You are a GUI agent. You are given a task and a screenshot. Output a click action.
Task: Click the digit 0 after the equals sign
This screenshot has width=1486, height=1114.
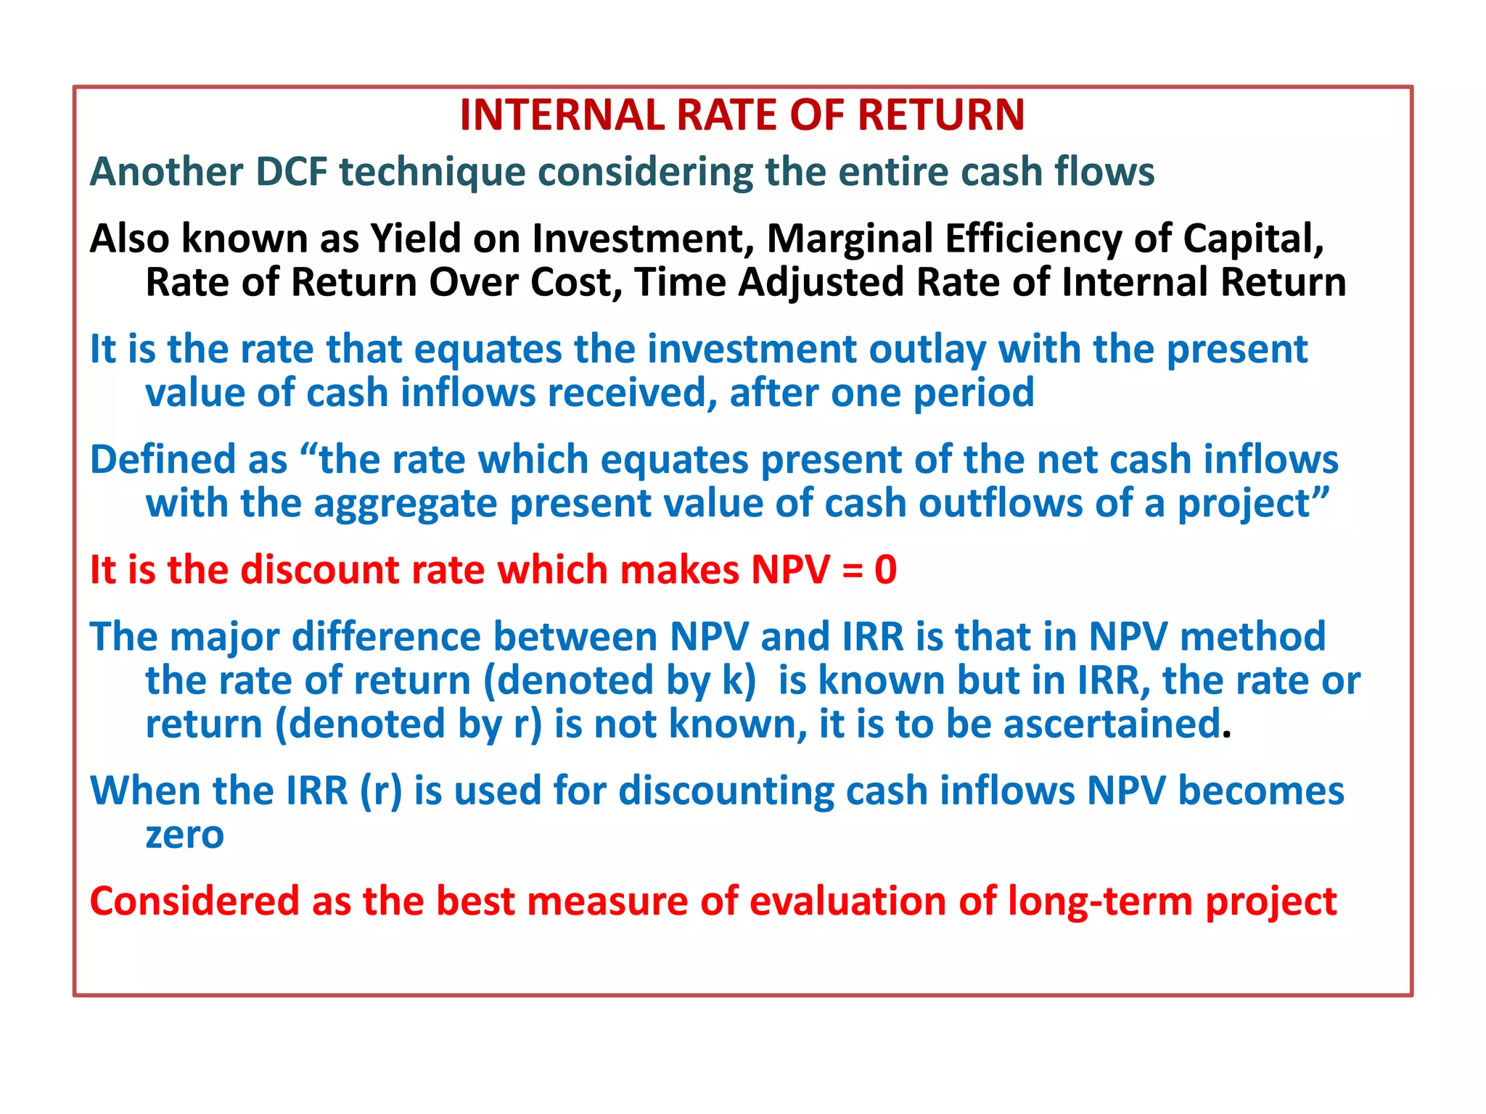point(885,570)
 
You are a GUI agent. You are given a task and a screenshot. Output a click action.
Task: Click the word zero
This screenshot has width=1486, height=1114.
point(184,835)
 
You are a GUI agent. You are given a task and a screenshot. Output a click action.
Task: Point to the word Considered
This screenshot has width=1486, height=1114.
point(194,901)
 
